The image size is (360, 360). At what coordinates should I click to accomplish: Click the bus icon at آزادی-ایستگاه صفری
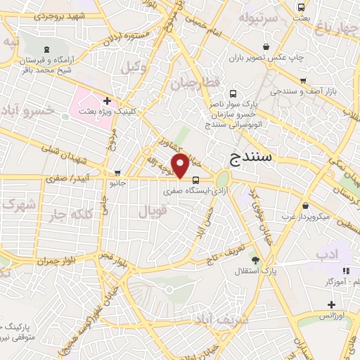(x=195, y=179)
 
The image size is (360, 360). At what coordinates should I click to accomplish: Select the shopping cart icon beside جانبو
(x=118, y=172)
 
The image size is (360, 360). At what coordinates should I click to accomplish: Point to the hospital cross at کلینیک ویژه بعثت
(x=107, y=101)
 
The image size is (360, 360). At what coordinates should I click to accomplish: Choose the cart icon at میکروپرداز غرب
(x=307, y=206)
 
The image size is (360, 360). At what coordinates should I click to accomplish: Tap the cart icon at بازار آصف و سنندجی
(x=304, y=81)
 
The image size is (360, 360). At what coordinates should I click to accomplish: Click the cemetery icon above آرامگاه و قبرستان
(x=47, y=49)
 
